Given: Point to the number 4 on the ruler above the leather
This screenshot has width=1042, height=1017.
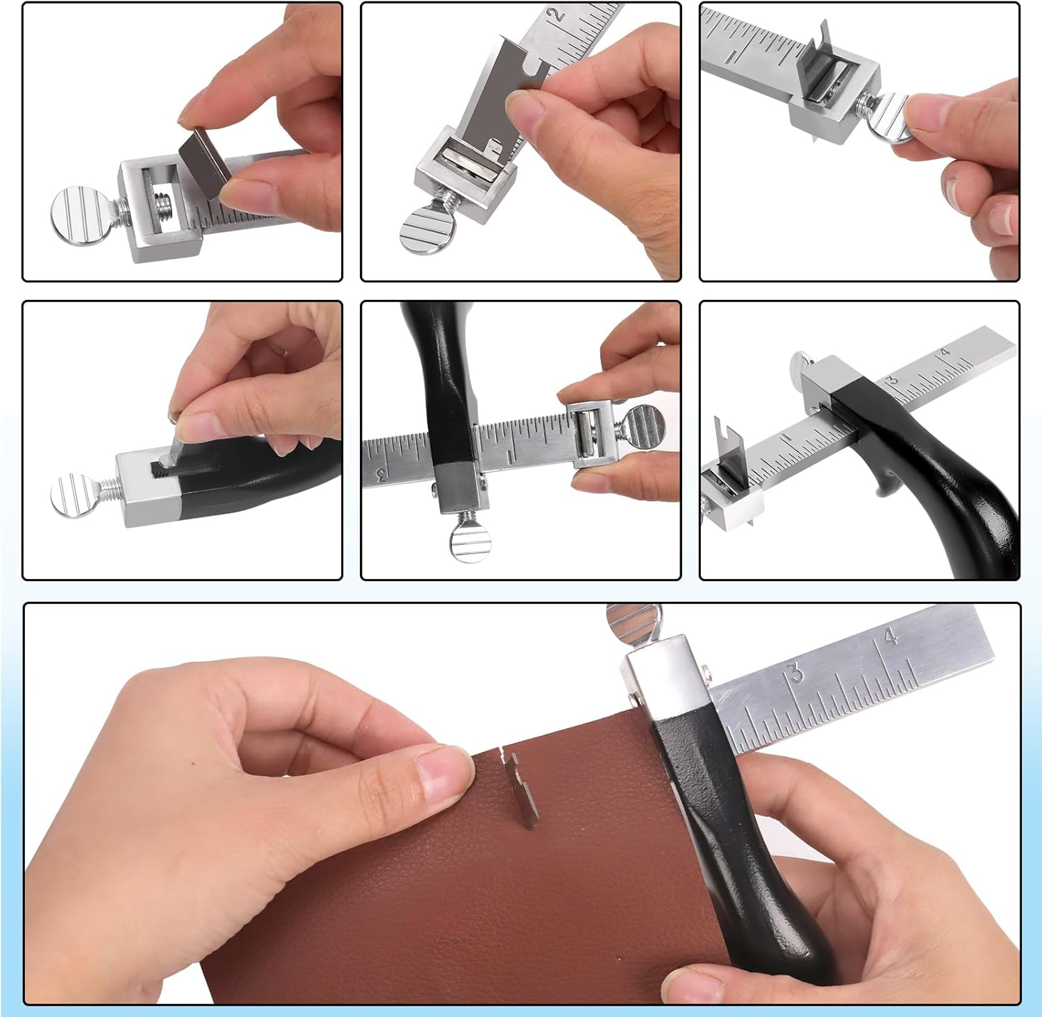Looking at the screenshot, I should tap(891, 635).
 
